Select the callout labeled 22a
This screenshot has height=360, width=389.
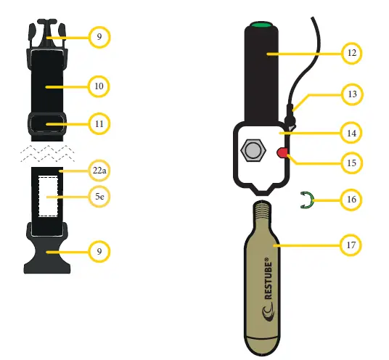coord(99,171)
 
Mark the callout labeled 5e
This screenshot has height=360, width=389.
coord(99,195)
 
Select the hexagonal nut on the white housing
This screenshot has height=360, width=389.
coord(253,150)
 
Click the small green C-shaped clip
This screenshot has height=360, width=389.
coord(308,200)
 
